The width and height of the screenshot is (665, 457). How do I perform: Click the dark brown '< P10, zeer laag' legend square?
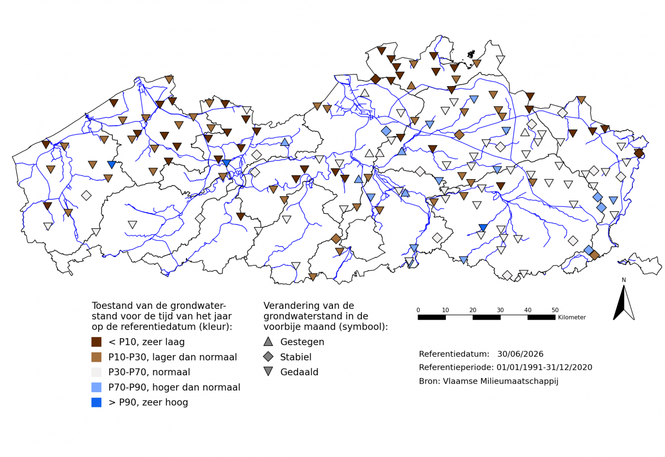point(96,342)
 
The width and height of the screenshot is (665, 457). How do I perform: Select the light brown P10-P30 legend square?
point(96,357)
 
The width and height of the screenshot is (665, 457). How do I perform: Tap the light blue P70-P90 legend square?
point(96,387)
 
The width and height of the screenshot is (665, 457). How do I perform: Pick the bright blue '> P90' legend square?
point(96,403)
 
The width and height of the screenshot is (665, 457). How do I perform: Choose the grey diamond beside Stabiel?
point(268,357)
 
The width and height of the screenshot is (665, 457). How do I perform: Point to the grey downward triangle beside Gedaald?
point(268,371)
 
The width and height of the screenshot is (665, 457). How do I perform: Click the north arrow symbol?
point(624,303)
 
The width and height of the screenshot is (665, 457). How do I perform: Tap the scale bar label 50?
point(555,310)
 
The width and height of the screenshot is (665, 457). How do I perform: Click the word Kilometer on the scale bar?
point(572,317)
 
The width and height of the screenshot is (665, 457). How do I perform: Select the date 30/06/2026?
point(521,354)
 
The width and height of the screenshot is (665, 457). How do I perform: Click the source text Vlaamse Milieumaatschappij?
point(500,381)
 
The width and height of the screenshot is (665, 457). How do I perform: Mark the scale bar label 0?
point(418,310)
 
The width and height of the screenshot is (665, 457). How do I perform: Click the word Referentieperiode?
point(456,367)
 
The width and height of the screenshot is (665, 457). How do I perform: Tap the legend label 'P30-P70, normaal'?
point(149,372)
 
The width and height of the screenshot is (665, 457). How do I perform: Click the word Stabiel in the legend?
point(295,357)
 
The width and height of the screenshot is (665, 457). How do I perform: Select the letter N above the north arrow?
point(624,280)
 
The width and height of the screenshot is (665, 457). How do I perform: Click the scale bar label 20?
point(473,310)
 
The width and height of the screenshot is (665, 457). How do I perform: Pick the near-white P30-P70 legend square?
point(96,372)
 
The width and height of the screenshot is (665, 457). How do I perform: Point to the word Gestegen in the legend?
point(302,342)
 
